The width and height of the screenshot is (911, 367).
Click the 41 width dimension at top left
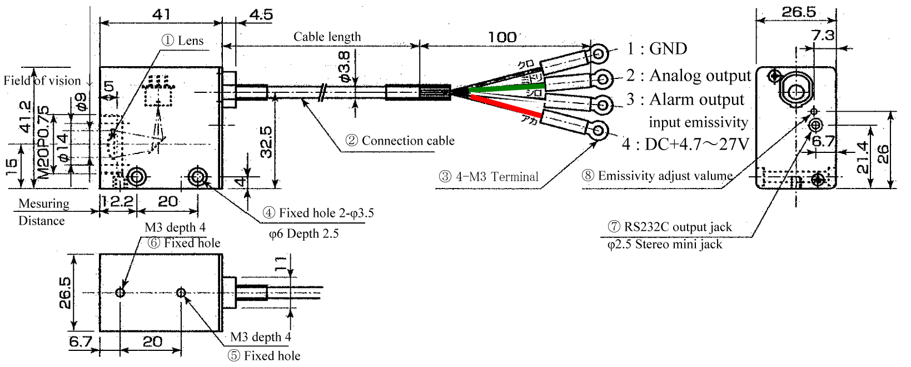161,13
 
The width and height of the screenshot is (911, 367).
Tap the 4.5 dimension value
261,14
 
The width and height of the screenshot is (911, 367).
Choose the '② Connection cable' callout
400,141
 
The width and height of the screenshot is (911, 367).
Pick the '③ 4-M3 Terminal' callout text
489,177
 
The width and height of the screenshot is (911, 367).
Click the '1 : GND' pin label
657,49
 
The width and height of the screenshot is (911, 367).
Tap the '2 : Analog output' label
689,75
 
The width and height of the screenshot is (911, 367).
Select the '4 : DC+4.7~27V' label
686,145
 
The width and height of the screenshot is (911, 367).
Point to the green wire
500,88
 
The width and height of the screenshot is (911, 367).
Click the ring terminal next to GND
599,54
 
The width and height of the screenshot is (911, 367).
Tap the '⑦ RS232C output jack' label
670,227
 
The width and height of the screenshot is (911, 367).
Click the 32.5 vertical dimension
266,142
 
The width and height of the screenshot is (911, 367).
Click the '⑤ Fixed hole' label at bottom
264,356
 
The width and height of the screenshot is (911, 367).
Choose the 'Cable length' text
327,37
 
